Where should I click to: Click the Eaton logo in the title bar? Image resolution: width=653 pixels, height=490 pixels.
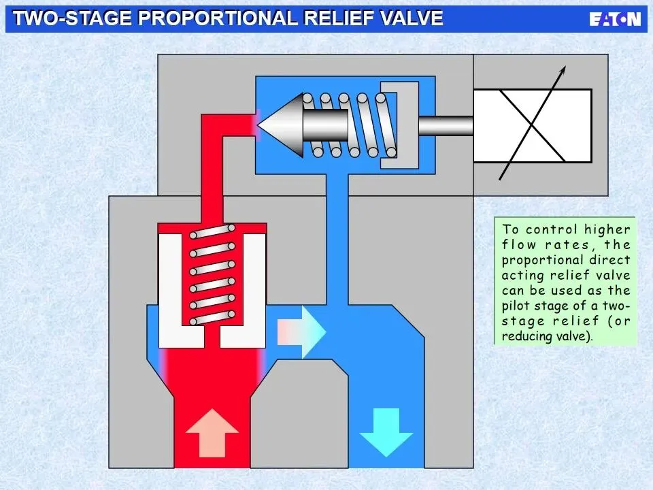615,19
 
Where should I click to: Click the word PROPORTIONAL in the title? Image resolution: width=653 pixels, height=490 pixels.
218,18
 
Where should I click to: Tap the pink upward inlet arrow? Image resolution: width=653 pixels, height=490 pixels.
212,432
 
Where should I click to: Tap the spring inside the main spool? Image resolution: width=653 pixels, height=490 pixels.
212,276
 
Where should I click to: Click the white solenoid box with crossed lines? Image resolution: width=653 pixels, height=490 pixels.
532,126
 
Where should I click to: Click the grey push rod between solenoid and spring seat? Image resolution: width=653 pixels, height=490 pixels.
446,125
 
